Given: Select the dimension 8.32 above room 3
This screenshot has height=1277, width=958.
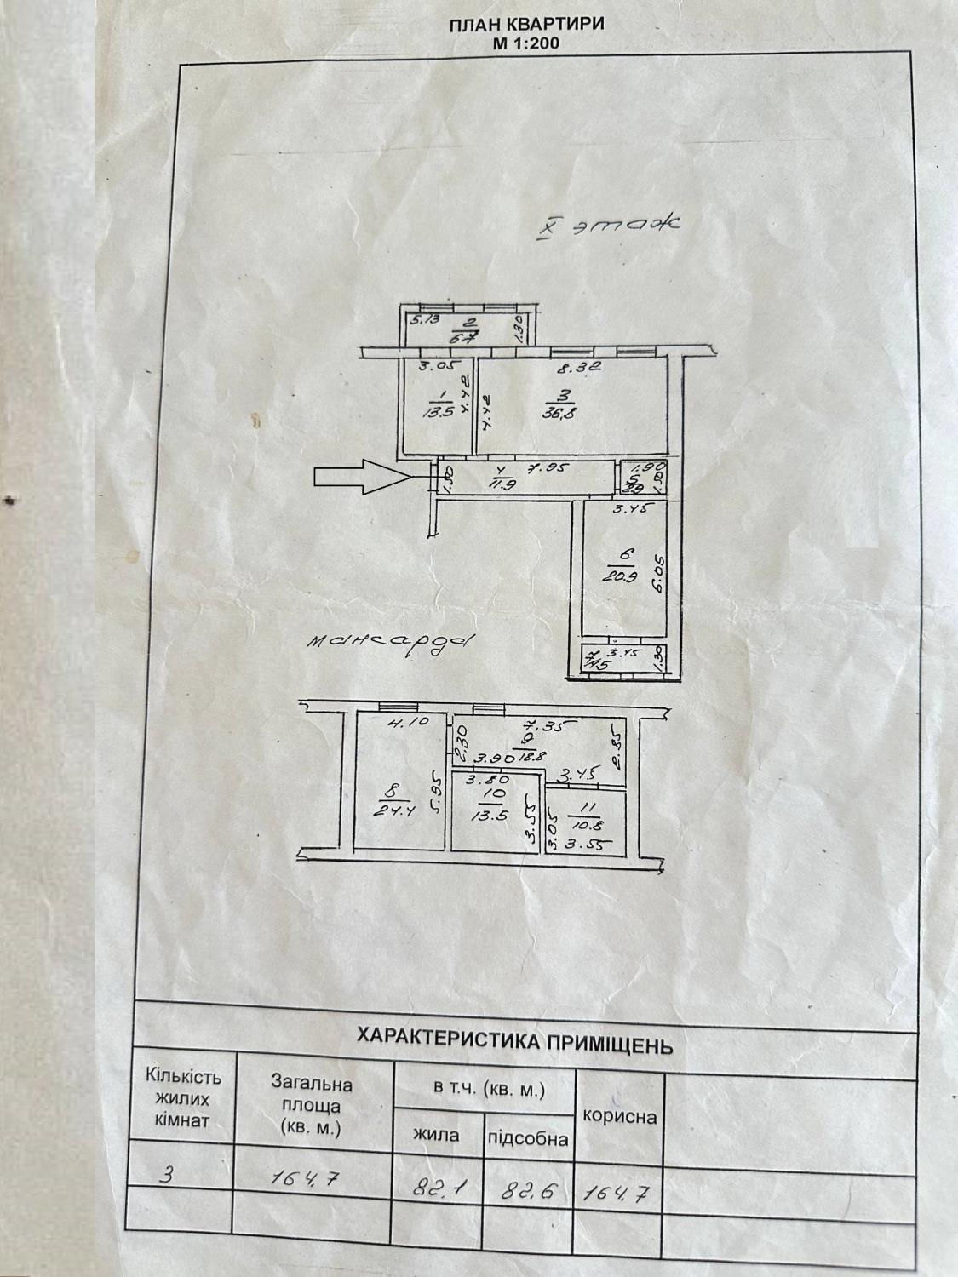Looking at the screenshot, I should click(580, 369).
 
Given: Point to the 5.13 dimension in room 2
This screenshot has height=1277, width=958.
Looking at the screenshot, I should click(424, 320).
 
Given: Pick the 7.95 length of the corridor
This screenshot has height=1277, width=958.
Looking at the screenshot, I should click(548, 467).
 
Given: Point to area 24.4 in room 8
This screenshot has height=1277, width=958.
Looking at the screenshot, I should click(387, 810).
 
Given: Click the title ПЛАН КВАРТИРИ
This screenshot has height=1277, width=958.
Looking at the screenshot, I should click(526, 24).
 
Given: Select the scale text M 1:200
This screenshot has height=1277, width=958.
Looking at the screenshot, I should click(526, 43).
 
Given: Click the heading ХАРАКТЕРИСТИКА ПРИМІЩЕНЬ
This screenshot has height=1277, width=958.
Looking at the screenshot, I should click(514, 1039).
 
